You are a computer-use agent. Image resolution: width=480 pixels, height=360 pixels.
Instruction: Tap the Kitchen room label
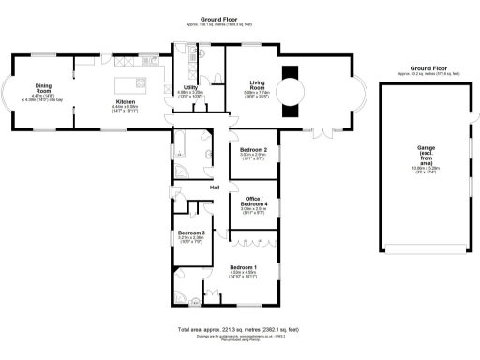(x=126, y=104)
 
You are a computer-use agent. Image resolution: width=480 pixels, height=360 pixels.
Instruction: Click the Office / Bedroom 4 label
(x=256, y=202)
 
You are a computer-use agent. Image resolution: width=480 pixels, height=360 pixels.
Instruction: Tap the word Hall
(x=215, y=188)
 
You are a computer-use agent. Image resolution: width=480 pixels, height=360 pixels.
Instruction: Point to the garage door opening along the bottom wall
(x=422, y=251)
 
